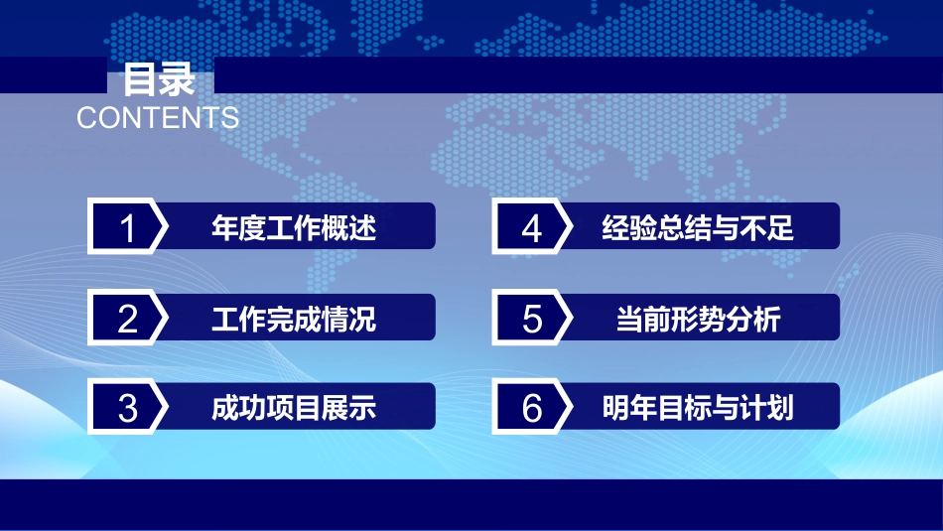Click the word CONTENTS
point(158,117)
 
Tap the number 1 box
point(126,228)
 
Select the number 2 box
point(126,319)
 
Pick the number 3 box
point(126,408)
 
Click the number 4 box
point(531,228)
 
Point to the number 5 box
point(531,319)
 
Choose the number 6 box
point(531,408)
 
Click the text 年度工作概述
point(294,228)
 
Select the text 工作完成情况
point(294,319)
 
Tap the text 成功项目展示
point(294,408)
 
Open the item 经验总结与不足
point(698,228)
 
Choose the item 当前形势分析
point(698,319)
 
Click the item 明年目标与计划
point(698,408)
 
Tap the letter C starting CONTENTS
point(86,117)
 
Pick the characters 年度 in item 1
point(238,228)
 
